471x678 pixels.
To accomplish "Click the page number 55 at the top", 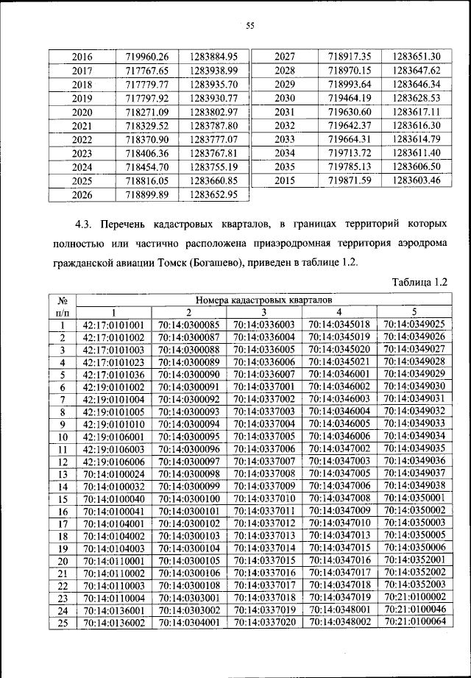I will [249, 26].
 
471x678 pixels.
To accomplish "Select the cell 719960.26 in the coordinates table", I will [147, 56].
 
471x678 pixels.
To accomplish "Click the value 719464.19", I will [350, 98].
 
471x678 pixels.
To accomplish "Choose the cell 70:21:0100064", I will [414, 622].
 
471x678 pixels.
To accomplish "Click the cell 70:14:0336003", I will [263, 324].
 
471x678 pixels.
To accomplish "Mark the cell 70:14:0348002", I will [339, 623].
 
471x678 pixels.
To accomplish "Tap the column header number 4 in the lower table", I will [339, 311].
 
